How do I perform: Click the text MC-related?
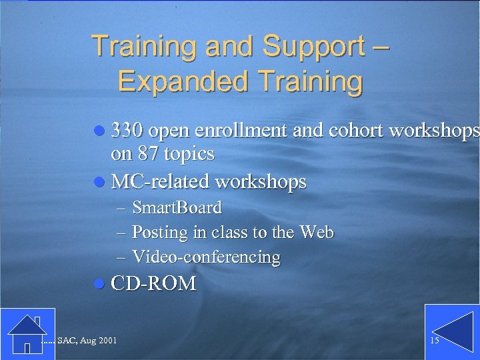(160, 181)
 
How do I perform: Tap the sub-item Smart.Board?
(177, 208)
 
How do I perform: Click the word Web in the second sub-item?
(317, 232)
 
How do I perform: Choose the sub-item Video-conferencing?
(206, 257)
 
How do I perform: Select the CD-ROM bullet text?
(154, 284)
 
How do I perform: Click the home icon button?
(27, 331)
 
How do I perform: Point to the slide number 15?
(435, 341)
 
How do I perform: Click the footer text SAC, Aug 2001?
(87, 341)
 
